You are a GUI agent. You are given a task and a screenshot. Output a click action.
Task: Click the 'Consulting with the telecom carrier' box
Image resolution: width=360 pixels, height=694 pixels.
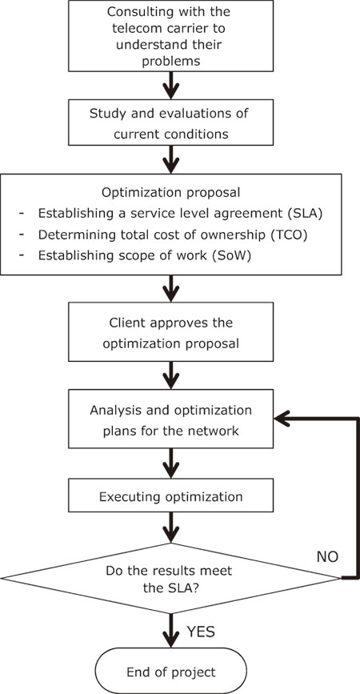pos(171,35)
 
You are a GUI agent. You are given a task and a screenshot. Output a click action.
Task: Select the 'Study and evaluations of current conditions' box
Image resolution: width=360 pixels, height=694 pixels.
pos(171,123)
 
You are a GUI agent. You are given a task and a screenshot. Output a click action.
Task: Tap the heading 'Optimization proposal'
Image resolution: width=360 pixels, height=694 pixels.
pos(171,193)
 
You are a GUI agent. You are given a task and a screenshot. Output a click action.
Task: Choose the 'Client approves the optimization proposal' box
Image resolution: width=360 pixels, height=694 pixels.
pos(171,332)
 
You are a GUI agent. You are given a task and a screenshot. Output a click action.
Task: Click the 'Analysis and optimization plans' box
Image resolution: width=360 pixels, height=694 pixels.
pos(171,419)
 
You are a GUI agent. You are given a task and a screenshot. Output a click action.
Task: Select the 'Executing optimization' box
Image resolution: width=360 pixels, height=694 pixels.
pos(171,496)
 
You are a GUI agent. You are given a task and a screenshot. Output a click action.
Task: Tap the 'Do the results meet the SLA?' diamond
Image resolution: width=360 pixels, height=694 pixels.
pos(171,578)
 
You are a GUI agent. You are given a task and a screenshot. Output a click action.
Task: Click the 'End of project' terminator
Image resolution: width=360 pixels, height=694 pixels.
pos(171,672)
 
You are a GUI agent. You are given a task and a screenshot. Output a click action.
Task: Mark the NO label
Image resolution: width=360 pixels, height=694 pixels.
pos(327,557)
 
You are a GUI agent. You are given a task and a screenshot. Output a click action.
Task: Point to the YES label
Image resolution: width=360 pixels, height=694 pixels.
pos(200,632)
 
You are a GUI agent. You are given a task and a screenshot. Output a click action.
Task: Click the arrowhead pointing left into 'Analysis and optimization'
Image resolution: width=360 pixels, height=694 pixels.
pos(282,419)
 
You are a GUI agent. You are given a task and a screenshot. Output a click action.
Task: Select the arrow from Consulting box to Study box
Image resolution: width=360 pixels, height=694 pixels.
pos(171,86)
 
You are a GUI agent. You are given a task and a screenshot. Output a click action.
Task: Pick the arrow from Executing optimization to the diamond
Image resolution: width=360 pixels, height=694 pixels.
pos(171,528)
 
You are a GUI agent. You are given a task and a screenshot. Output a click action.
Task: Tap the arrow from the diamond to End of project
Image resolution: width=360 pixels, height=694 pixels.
pos(171,631)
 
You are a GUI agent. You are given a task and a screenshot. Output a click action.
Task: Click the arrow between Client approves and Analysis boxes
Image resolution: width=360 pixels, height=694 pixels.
pos(171,375)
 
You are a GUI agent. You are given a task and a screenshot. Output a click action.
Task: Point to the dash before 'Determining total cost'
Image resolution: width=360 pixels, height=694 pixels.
pos(22,235)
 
